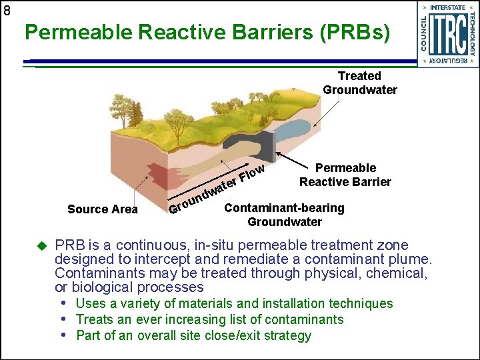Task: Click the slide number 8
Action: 7,11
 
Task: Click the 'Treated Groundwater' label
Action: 359,83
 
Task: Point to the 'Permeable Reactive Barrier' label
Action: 345,175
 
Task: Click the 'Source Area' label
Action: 103,209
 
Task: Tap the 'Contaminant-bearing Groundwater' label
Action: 284,215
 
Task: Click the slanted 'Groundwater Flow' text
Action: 217,189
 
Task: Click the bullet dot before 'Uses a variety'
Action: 65,303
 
